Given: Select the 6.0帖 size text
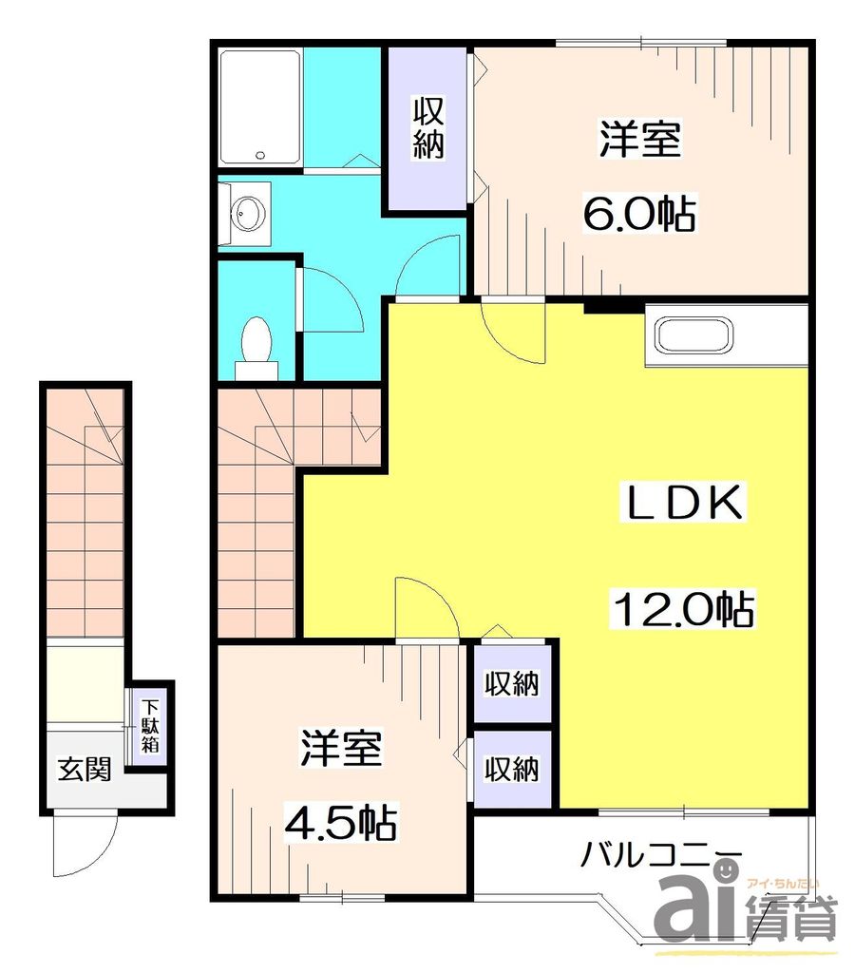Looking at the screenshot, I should point(638,212).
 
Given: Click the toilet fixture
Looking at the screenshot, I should point(256,342).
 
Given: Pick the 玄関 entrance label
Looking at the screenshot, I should point(85,769).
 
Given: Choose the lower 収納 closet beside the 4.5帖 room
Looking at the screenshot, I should point(512,768).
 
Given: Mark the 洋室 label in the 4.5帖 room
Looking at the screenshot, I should point(342,750).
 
